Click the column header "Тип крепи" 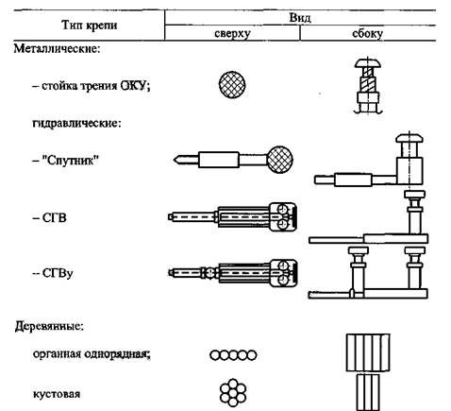89,26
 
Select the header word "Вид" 300,18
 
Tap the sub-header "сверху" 232,33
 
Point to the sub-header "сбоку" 367,33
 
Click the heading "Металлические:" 57,49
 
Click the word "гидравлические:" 76,123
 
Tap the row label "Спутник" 70,161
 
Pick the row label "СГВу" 58,273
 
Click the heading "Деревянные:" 49,326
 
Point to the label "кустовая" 57,394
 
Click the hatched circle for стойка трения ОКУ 232,85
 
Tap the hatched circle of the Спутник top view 280,160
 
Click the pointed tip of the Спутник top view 174,160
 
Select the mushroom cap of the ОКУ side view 368,63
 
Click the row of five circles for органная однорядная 233,355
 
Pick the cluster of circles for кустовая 233,392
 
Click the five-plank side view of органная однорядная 368,352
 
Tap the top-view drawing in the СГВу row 232,273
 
